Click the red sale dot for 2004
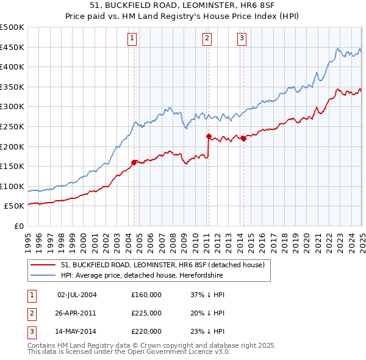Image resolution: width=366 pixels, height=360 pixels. [x=134, y=162]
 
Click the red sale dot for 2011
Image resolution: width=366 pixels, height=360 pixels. [x=209, y=136]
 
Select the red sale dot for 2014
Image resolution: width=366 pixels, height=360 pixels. [x=243, y=139]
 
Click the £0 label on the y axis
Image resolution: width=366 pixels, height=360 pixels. [x=18, y=226]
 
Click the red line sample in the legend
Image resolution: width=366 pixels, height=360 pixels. [x=43, y=265]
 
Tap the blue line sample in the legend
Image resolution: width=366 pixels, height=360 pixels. [x=43, y=275]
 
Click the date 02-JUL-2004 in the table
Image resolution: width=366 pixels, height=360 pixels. [x=77, y=295]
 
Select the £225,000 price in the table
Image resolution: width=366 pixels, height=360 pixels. [x=146, y=313]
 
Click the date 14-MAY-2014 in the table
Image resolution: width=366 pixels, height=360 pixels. [x=77, y=331]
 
